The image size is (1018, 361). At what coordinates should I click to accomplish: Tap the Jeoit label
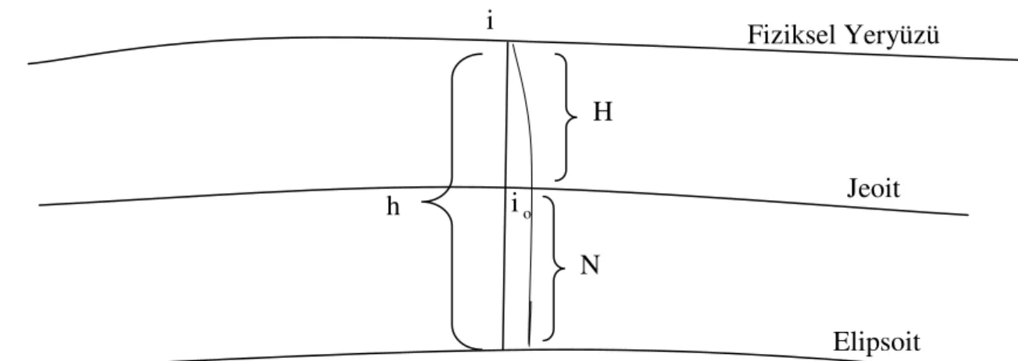[x=873, y=188]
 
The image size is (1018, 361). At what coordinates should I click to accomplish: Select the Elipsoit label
[x=877, y=342]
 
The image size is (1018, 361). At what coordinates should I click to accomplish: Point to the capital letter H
[x=603, y=112]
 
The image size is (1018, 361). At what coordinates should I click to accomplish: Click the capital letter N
[x=591, y=265]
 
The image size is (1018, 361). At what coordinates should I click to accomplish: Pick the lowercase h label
[x=393, y=206]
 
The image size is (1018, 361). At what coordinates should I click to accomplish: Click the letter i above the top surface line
[x=489, y=21]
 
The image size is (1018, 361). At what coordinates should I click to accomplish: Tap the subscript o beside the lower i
[x=527, y=215]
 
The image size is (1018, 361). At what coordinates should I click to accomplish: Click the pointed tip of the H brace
[x=577, y=117]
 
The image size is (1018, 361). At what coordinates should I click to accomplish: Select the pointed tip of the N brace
[x=564, y=268]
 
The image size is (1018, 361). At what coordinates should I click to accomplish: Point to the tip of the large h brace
[x=422, y=202]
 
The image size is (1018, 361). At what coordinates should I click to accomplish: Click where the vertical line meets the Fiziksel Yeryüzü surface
[x=508, y=41]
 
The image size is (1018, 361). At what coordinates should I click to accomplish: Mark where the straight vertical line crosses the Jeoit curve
[x=505, y=187]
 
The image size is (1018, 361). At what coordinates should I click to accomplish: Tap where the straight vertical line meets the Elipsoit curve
[x=502, y=349]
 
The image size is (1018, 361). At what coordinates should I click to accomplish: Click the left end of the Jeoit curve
[x=40, y=206]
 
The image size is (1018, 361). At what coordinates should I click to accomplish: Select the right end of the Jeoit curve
[x=968, y=215]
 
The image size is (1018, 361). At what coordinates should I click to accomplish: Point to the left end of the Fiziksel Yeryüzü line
[x=29, y=63]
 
